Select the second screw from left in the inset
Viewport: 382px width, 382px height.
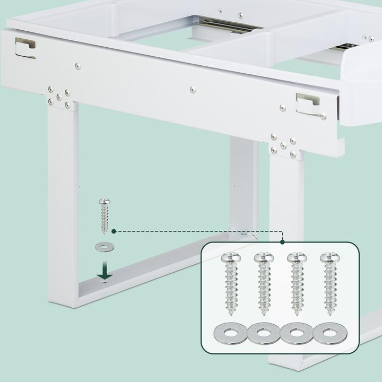point(263,284)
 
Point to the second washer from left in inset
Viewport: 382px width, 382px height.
point(263,334)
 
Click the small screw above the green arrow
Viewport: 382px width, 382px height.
point(104,216)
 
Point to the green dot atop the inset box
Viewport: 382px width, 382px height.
point(282,241)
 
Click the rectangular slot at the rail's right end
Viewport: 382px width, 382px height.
point(308,103)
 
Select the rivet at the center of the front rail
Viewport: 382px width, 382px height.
point(193,89)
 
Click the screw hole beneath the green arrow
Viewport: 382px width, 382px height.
point(105,282)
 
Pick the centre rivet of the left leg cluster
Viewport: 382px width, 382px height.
point(59,97)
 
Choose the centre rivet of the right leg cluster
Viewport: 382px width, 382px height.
point(283,144)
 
